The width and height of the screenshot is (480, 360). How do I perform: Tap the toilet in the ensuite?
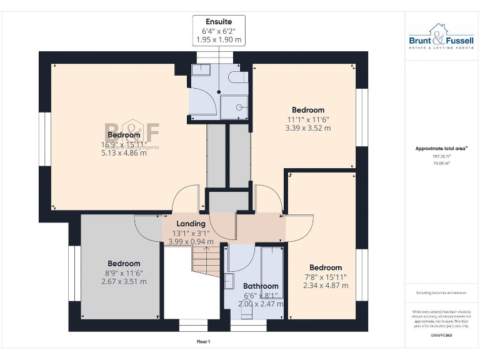click(x=238, y=77)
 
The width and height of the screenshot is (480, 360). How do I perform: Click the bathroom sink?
click(x=229, y=281)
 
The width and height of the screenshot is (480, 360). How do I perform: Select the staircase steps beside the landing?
click(x=206, y=259)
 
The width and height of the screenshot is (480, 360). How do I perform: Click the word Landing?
click(x=191, y=224)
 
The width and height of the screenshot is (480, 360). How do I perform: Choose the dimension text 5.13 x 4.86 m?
click(x=124, y=153)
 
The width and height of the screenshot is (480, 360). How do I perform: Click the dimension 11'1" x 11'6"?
click(x=308, y=119)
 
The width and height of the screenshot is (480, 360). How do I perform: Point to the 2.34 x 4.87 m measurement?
click(x=326, y=286)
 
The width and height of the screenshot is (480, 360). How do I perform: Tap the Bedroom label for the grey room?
click(x=124, y=264)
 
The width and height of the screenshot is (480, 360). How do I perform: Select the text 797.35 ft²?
click(x=441, y=157)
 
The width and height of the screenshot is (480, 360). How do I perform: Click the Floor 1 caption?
click(x=203, y=342)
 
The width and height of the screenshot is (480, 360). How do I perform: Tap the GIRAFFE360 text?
click(x=441, y=336)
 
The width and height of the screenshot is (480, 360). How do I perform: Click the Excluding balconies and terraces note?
click(x=441, y=292)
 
